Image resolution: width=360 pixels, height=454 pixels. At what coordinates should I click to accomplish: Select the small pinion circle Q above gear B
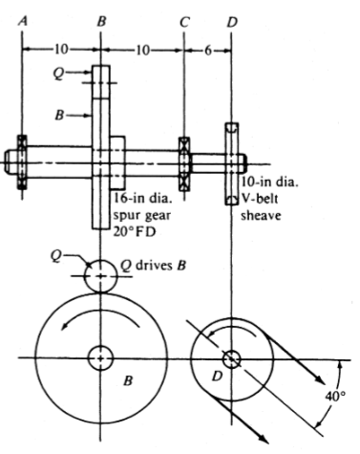point(101,276)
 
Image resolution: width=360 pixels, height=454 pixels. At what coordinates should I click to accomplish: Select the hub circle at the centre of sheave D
point(231,359)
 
